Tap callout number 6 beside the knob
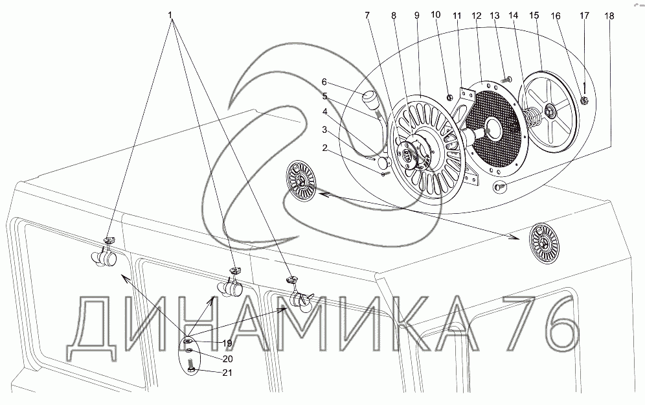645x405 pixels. coord(324,82)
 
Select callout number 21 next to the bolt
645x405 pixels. coord(227,373)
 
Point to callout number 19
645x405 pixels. coord(227,343)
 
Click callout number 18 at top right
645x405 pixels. coord(609,16)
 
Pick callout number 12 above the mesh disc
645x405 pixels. coord(477,16)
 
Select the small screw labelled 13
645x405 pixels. coord(507,78)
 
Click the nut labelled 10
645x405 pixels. coord(449,98)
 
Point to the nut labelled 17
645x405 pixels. coord(583,99)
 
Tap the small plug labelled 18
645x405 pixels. coord(499,187)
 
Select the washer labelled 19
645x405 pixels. coord(188,340)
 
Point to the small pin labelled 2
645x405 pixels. coord(385,174)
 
